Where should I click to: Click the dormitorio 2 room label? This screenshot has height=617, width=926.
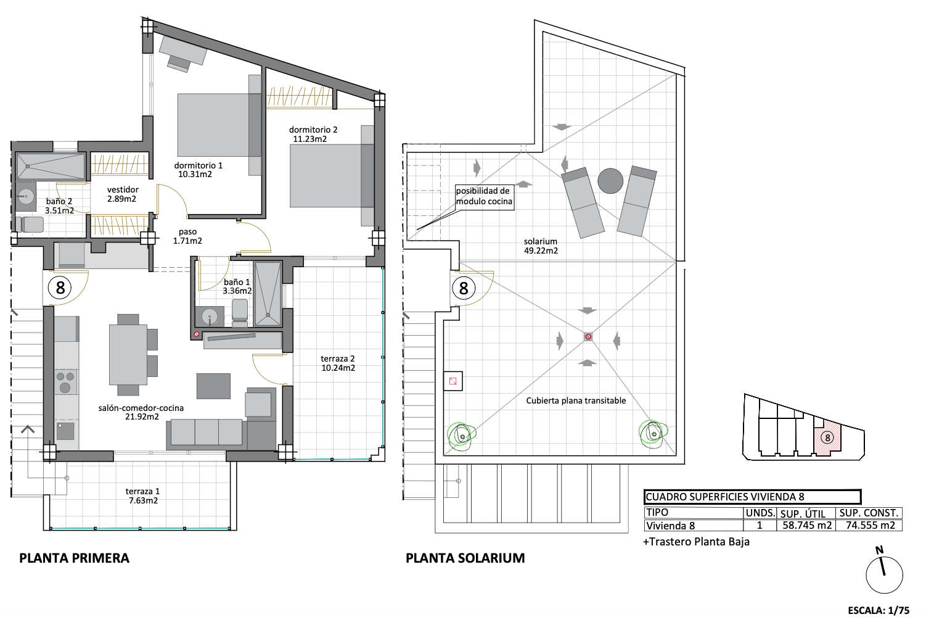click(313, 130)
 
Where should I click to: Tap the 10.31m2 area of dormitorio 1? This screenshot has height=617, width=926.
click(195, 174)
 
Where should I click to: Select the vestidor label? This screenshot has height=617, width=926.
click(123, 189)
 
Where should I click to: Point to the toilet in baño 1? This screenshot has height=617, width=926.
click(240, 310)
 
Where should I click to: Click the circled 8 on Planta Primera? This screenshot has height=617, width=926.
click(60, 288)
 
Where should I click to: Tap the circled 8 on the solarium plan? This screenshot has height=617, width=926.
click(464, 288)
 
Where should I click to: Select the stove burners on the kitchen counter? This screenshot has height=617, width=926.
click(65, 381)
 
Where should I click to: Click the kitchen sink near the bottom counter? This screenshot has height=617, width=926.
click(65, 431)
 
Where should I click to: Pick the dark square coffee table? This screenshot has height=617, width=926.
click(213, 386)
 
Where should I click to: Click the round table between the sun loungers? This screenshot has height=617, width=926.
click(610, 181)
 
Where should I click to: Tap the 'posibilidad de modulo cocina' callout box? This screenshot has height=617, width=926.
click(485, 197)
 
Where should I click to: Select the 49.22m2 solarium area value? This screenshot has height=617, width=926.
click(541, 251)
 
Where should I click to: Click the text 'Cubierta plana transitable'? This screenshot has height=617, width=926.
click(576, 400)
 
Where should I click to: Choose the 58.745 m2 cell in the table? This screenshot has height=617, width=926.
click(806, 526)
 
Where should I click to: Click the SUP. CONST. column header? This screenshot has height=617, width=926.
click(869, 513)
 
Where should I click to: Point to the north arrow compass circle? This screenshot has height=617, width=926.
click(884, 575)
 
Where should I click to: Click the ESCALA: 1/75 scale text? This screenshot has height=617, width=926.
click(879, 610)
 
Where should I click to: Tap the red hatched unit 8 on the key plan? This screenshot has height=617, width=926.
click(827, 438)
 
